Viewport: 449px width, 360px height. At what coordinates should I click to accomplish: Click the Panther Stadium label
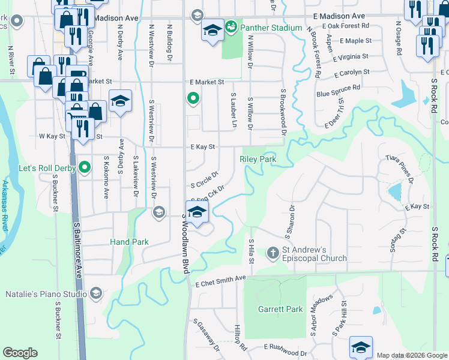pyautogui.click(x=271, y=28)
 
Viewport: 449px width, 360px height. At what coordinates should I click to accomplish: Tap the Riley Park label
pyautogui.click(x=258, y=160)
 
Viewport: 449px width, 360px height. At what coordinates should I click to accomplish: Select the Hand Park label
pyautogui.click(x=129, y=242)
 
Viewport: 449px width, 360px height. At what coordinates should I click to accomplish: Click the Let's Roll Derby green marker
pyautogui.click(x=85, y=167)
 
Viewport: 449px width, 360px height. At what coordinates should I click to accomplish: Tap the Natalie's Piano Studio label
pyautogui.click(x=45, y=293)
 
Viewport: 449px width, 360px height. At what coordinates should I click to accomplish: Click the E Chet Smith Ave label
pyautogui.click(x=220, y=279)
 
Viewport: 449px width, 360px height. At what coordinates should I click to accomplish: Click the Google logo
pyautogui.click(x=20, y=353)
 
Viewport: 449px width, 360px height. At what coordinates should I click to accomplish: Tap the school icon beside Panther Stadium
pyautogui.click(x=212, y=31)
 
